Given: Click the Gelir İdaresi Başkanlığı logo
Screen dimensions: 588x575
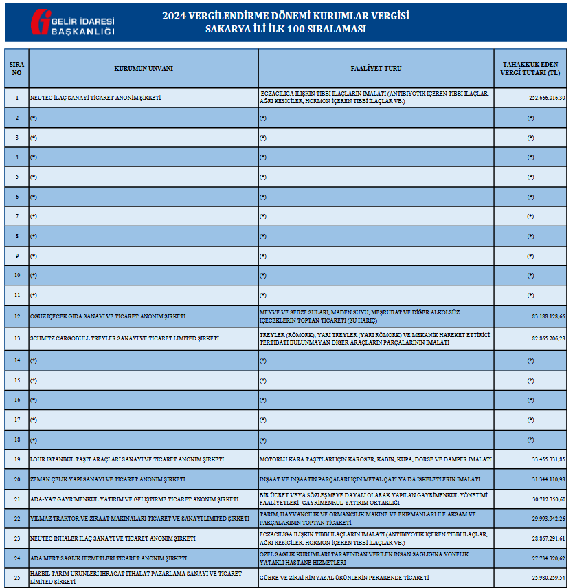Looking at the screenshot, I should click(72, 23).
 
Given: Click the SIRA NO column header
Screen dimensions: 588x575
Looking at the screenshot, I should click(16, 68).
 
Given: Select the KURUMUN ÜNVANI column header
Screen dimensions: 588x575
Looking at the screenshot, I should click(144, 68).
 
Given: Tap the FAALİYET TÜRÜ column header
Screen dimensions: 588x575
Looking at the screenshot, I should click(376, 68).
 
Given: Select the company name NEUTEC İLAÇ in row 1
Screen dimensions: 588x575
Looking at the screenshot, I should click(95, 98).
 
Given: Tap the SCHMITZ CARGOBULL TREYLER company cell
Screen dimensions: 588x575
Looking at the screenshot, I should click(124, 338).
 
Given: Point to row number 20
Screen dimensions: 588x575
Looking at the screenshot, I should click(16, 479).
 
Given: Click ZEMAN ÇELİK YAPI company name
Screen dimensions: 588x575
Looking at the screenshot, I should click(107, 479).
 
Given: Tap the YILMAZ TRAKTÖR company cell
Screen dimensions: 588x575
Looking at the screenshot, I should click(139, 518).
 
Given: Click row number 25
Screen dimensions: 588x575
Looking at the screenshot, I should click(16, 577).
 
